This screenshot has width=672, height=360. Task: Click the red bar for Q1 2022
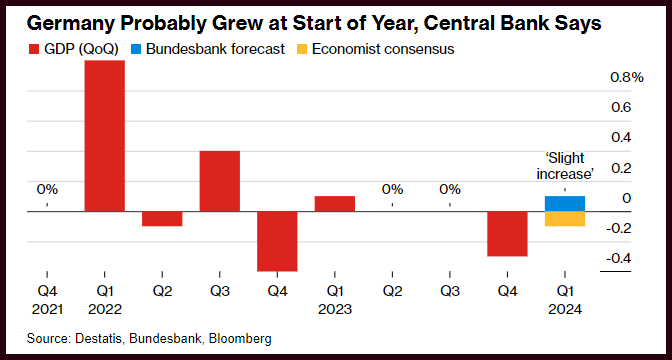105,136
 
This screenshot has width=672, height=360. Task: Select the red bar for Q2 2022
162,219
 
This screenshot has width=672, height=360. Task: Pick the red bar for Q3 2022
219,181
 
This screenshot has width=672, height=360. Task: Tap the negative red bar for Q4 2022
277,241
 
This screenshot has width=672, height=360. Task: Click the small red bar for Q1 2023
335,204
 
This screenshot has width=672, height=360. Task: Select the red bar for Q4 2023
507,234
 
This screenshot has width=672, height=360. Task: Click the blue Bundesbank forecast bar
565,204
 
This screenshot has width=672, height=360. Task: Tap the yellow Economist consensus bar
565,219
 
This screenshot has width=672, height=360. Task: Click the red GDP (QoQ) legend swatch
33,50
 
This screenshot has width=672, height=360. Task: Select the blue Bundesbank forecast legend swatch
136,50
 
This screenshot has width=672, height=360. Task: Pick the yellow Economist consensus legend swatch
302,50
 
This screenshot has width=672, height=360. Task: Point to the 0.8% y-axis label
627,78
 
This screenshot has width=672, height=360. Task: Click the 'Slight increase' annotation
565,166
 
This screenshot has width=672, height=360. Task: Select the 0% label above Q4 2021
47,189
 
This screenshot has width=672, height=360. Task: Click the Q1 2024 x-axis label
565,300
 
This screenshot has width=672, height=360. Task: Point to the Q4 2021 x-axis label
47,300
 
